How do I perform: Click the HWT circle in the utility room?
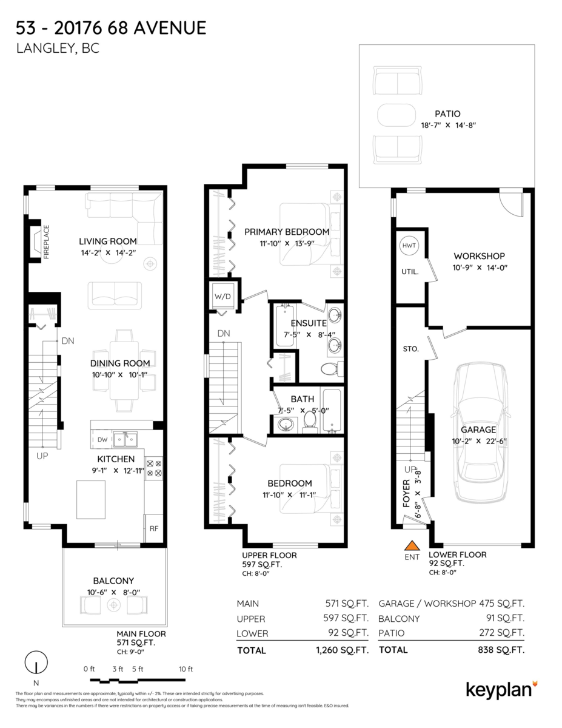(x=409, y=246)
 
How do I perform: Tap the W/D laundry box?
(x=222, y=297)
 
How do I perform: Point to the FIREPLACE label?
(x=47, y=241)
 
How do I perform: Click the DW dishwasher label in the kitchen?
(x=102, y=440)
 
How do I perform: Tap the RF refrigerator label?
(x=154, y=528)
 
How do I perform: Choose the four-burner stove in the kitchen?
(x=154, y=468)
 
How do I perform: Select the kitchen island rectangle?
(x=91, y=499)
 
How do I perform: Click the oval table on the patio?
(x=396, y=115)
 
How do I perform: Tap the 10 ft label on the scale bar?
(x=186, y=669)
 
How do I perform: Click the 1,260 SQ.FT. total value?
(x=342, y=650)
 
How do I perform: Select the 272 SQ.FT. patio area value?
(x=501, y=633)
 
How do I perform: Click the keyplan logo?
(x=502, y=691)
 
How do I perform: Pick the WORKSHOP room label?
(x=480, y=256)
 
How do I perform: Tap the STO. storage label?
(x=410, y=349)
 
